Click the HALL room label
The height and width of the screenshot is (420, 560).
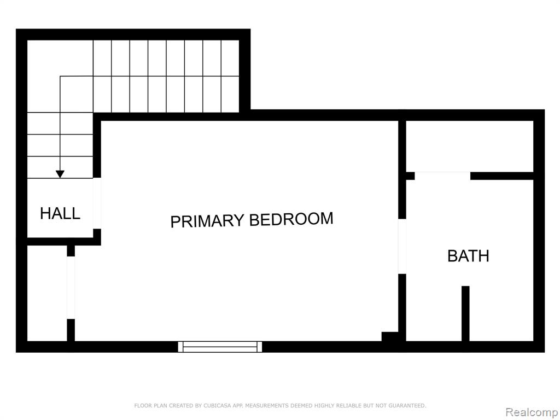pyautogui.click(x=60, y=213)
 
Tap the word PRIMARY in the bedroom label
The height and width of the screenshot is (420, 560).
pyautogui.click(x=207, y=221)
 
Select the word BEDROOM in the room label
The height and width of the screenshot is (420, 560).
pyautogui.click(x=291, y=219)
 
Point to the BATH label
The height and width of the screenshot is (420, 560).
pyautogui.click(x=468, y=256)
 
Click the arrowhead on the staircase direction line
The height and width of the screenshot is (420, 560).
pyautogui.click(x=60, y=174)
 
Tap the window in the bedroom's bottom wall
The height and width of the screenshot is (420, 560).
pyautogui.click(x=220, y=347)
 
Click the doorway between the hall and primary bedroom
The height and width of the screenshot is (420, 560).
pyautogui.click(x=97, y=203)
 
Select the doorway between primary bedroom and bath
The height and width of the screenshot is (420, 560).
pyautogui.click(x=402, y=246)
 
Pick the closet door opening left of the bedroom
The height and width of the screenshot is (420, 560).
pyautogui.click(x=71, y=288)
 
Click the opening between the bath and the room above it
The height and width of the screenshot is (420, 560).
pyautogui.click(x=442, y=176)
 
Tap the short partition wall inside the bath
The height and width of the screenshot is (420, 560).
pyautogui.click(x=465, y=313)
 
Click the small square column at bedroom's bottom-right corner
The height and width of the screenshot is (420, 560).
pyautogui.click(x=389, y=336)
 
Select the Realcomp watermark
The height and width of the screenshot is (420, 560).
pyautogui.click(x=532, y=412)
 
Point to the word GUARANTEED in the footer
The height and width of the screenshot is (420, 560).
pyautogui.click(x=407, y=405)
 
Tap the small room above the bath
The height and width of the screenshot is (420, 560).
pyautogui.click(x=470, y=146)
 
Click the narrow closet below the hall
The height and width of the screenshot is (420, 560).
pyautogui.click(x=47, y=293)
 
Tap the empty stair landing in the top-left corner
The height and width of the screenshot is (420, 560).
pyautogui.click(x=60, y=76)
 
